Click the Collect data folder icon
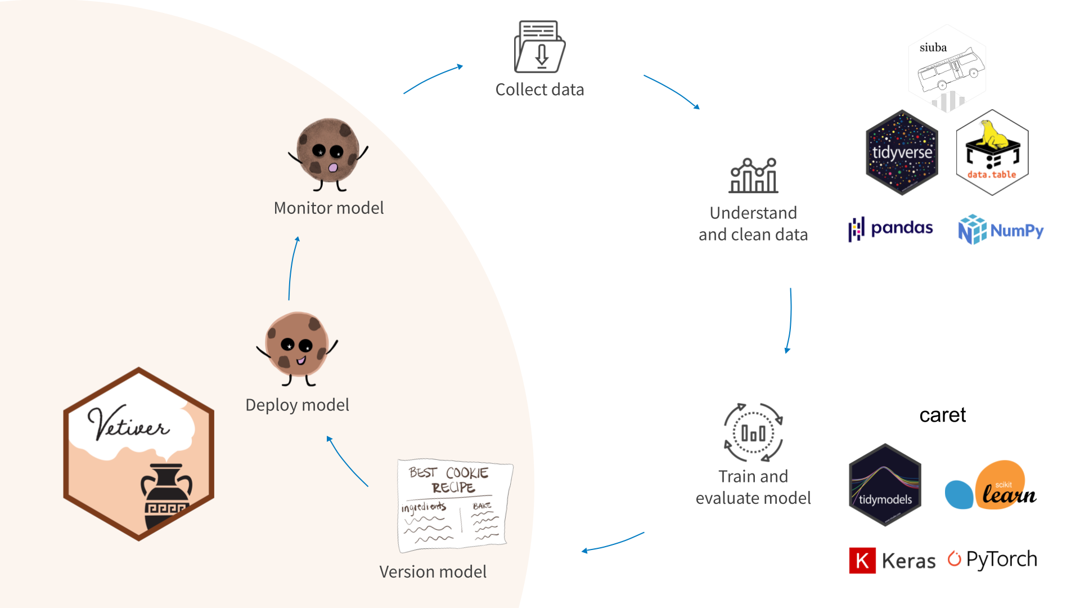[x=539, y=47]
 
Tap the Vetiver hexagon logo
[x=138, y=454]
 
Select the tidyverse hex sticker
[x=902, y=153]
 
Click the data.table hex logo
[x=992, y=153]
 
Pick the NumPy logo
[x=1001, y=230]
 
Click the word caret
[x=942, y=415]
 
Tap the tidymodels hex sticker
[x=885, y=485]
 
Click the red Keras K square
[x=862, y=561]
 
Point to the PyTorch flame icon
[x=954, y=558]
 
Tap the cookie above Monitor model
[x=327, y=153]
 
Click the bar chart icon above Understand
[x=753, y=176]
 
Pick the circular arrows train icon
[x=753, y=432]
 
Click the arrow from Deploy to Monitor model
[x=292, y=268]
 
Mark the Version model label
[x=433, y=572]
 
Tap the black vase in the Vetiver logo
[x=166, y=496]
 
